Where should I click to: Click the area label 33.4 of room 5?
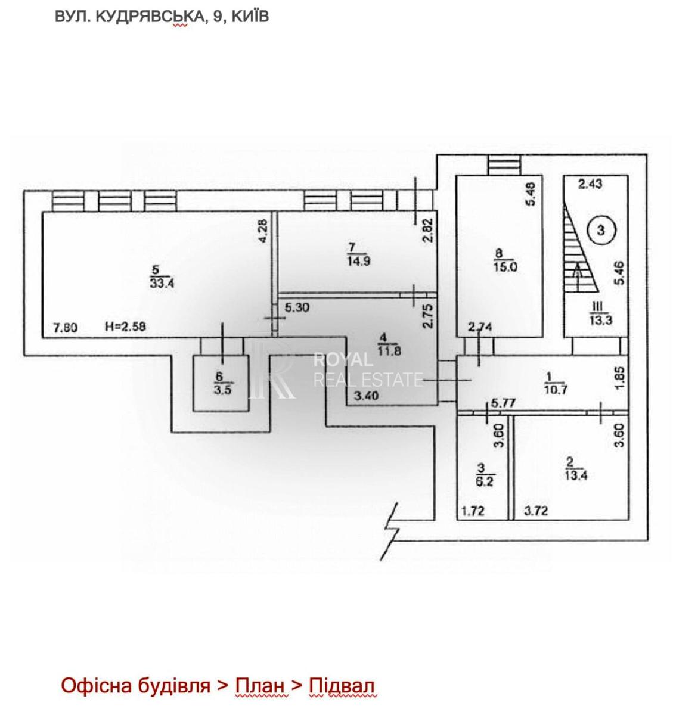(x=162, y=283)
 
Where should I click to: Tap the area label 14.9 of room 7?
(x=358, y=260)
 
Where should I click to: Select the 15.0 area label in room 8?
(x=505, y=267)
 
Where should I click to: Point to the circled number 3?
(x=601, y=229)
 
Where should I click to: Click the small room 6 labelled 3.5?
(x=221, y=383)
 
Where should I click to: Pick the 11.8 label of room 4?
(x=389, y=350)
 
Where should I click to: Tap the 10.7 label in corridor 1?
(x=556, y=389)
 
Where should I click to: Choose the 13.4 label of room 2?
(x=576, y=475)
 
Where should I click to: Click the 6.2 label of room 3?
(x=485, y=481)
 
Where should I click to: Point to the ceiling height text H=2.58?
(x=125, y=327)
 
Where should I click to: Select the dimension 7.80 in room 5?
(x=65, y=328)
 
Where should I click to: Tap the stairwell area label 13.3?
(x=601, y=319)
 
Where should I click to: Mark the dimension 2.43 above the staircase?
(x=590, y=184)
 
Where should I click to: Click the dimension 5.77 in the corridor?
(x=503, y=403)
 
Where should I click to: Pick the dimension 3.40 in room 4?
(x=366, y=396)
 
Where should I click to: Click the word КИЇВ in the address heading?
(x=250, y=17)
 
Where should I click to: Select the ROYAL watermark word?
(x=343, y=360)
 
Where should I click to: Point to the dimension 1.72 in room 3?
(x=473, y=511)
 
